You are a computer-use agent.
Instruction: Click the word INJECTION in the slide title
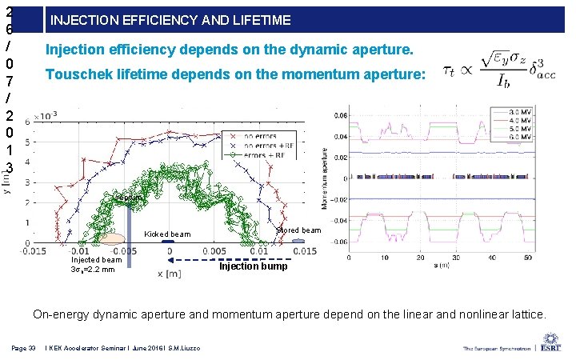pyautogui.click(x=82, y=19)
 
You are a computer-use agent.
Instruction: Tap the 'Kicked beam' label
pyautogui.click(x=167, y=234)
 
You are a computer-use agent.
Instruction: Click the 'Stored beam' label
pyautogui.click(x=298, y=230)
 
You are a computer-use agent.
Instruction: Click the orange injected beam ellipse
pyautogui.click(x=111, y=238)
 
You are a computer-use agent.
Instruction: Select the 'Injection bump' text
pyautogui.click(x=250, y=266)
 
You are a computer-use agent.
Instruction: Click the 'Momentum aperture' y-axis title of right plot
pyautogui.click(x=326, y=178)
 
